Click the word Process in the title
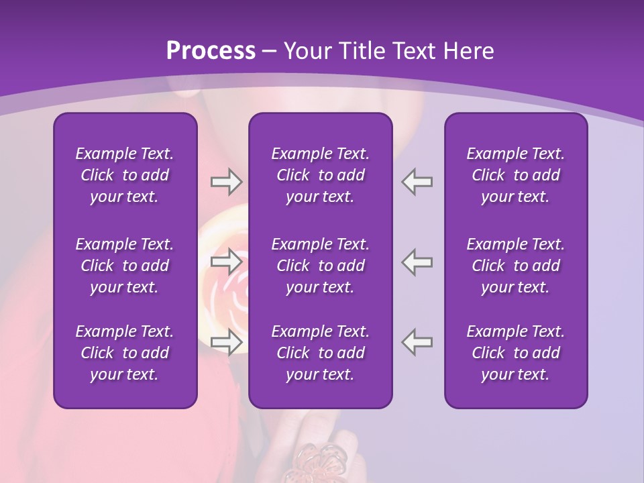click(211, 50)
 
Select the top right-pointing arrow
click(227, 181)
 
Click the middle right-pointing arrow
click(227, 261)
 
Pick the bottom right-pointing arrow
click(227, 341)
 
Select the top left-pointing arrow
click(417, 181)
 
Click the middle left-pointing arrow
click(417, 261)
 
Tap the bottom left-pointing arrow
click(417, 341)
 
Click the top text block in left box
click(125, 175)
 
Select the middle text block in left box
click(125, 266)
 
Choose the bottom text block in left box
click(125, 353)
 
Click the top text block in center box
click(320, 175)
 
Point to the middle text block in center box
click(320, 266)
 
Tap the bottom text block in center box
click(320, 353)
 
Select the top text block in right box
click(515, 175)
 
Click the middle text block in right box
click(515, 266)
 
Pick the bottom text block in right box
click(515, 353)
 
